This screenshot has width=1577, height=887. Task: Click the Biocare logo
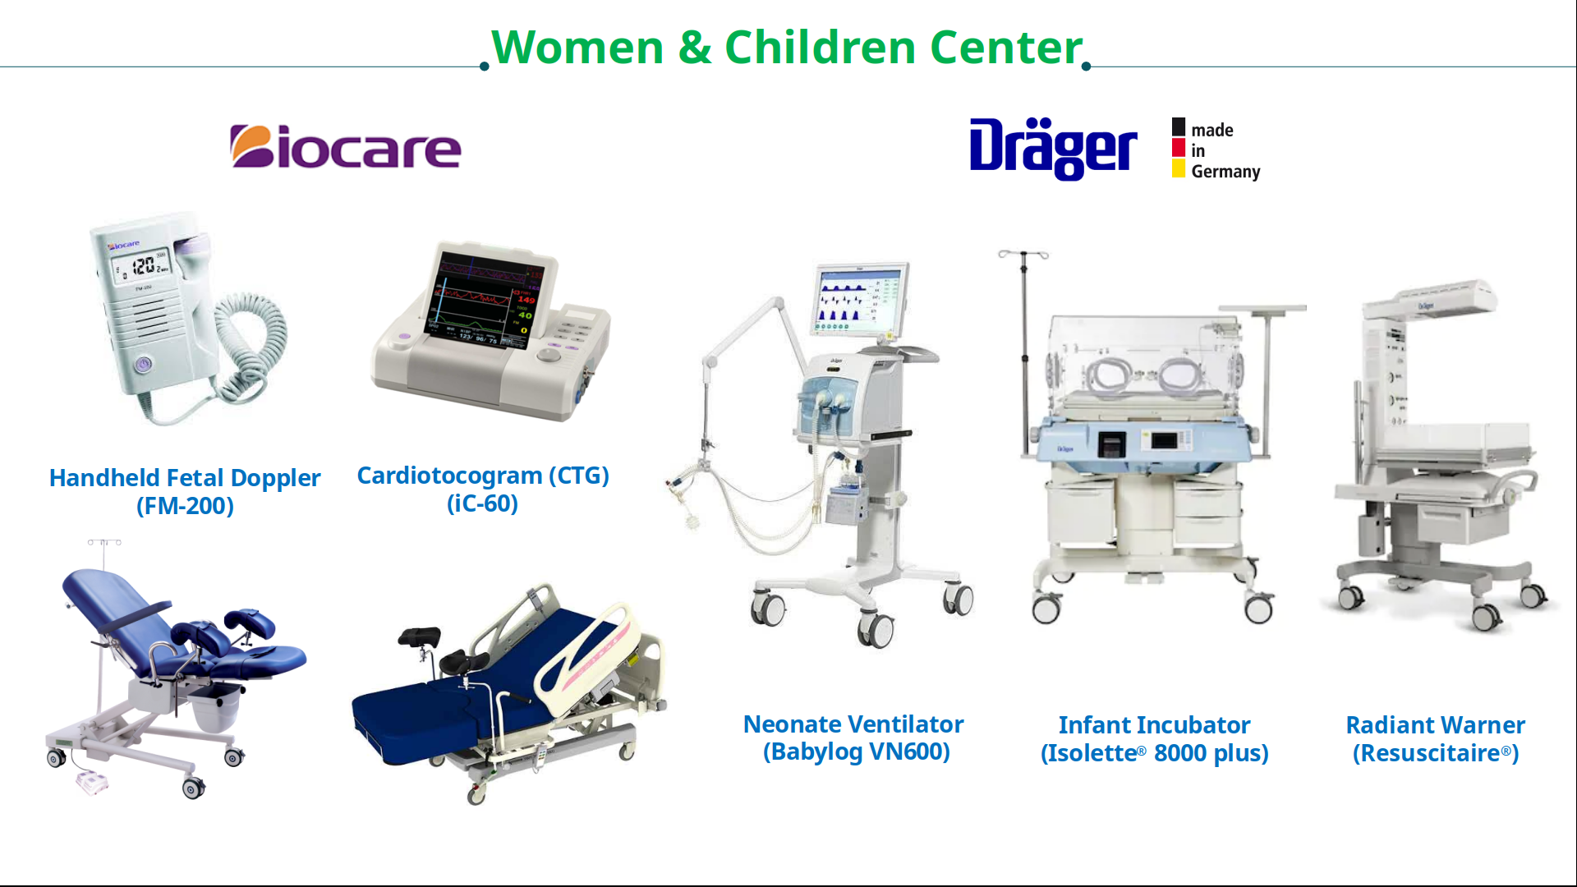[345, 147]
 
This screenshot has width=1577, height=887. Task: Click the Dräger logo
[1053, 149]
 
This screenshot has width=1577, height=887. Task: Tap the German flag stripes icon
[1179, 148]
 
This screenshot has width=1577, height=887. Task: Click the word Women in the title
[577, 47]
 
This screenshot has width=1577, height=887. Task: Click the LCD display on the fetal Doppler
[141, 266]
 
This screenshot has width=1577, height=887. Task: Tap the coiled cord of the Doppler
[246, 345]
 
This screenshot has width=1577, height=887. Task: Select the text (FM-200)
[185, 506]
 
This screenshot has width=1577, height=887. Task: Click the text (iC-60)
[482, 503]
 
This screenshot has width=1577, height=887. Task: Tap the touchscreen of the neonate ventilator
[862, 301]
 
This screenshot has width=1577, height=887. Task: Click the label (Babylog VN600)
[856, 751]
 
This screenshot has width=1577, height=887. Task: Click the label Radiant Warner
[1435, 725]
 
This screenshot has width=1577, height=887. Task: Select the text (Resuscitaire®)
[1436, 753]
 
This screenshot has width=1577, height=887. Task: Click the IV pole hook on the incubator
[1023, 255]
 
